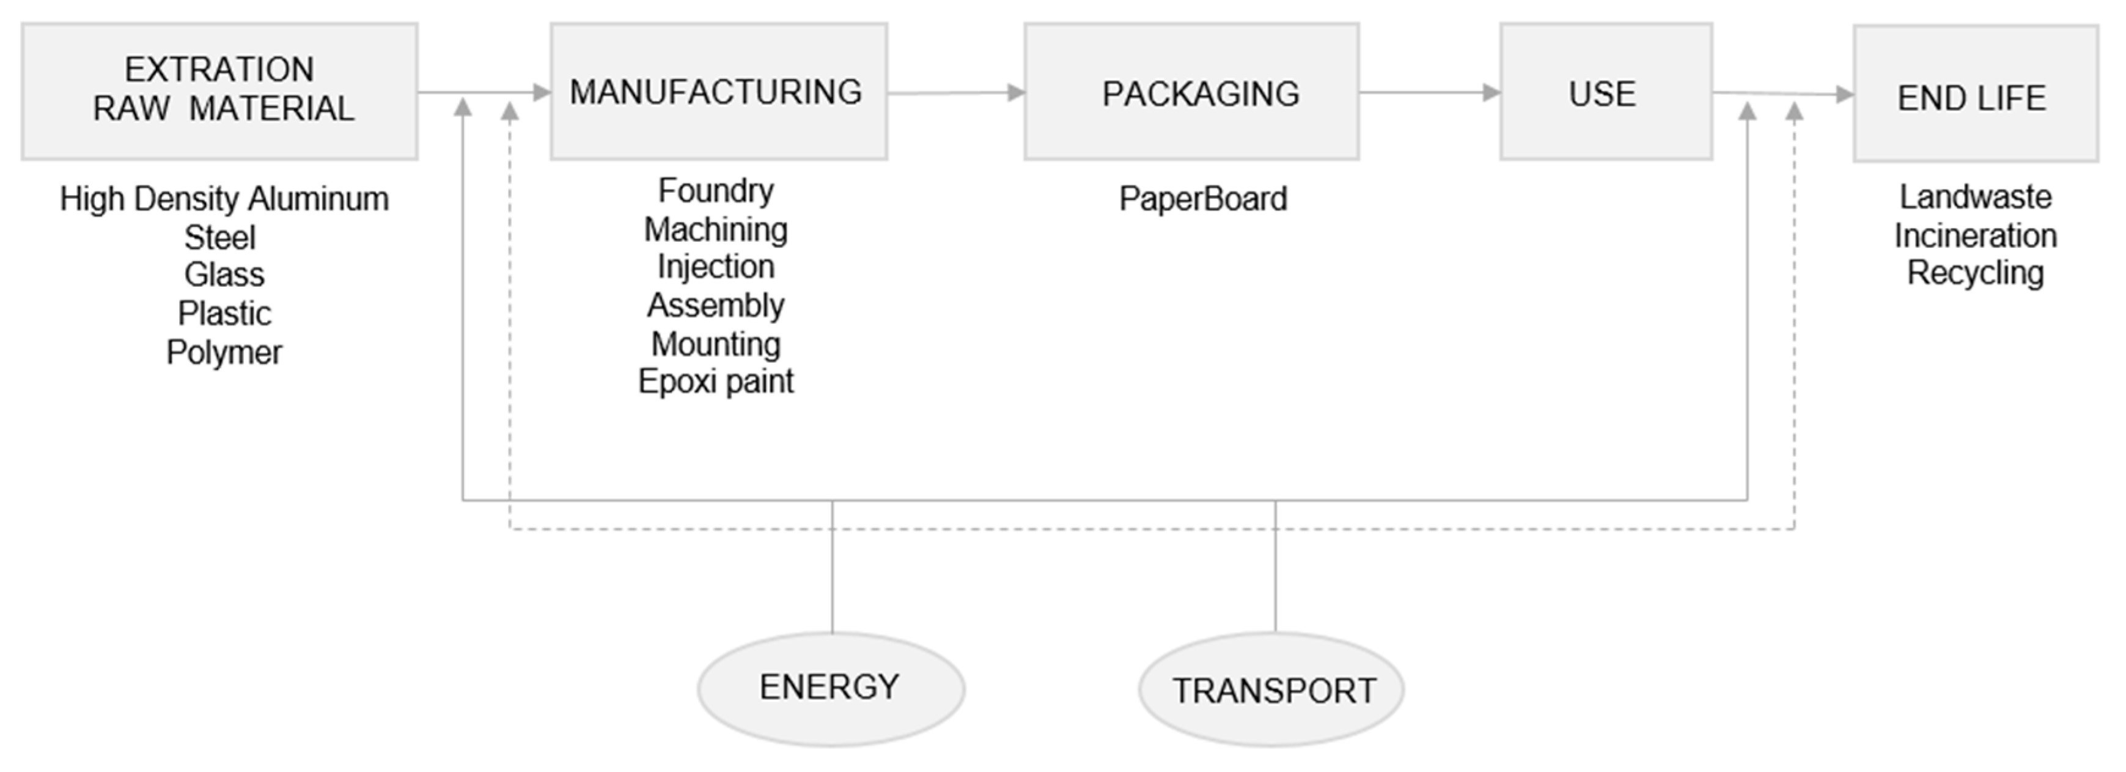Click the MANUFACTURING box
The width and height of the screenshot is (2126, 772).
(718, 92)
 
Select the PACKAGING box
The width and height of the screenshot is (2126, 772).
(1191, 92)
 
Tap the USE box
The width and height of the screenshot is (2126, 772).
(1605, 92)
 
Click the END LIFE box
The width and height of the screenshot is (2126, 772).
(1975, 94)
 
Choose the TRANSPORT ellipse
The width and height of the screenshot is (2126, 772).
(1271, 690)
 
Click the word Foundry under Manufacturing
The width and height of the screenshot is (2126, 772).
(716, 191)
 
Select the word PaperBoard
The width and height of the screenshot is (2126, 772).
(1202, 199)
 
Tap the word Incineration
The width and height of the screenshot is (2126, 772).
(1975, 236)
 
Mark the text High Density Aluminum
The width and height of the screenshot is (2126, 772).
(224, 199)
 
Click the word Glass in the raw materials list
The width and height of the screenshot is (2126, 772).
(224, 275)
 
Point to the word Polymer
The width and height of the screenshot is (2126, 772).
(224, 352)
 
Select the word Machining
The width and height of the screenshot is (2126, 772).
(716, 229)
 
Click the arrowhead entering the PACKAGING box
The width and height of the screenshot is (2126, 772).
(1016, 92)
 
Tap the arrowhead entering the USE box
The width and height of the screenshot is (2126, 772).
(1492, 92)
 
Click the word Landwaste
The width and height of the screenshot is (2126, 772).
(1975, 198)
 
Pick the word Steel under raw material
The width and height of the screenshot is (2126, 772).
(220, 238)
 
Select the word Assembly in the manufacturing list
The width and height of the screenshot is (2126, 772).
(716, 305)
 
